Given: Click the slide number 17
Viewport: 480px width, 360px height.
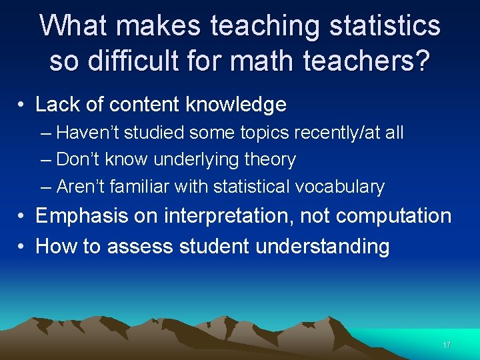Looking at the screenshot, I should pyautogui.click(x=447, y=345).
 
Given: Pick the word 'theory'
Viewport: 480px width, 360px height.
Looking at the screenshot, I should pyautogui.click(x=273, y=160).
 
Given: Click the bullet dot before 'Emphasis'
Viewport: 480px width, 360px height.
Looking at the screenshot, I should pyautogui.click(x=22, y=216).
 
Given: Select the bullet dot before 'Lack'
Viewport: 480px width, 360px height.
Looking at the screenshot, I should pyautogui.click(x=22, y=105).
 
